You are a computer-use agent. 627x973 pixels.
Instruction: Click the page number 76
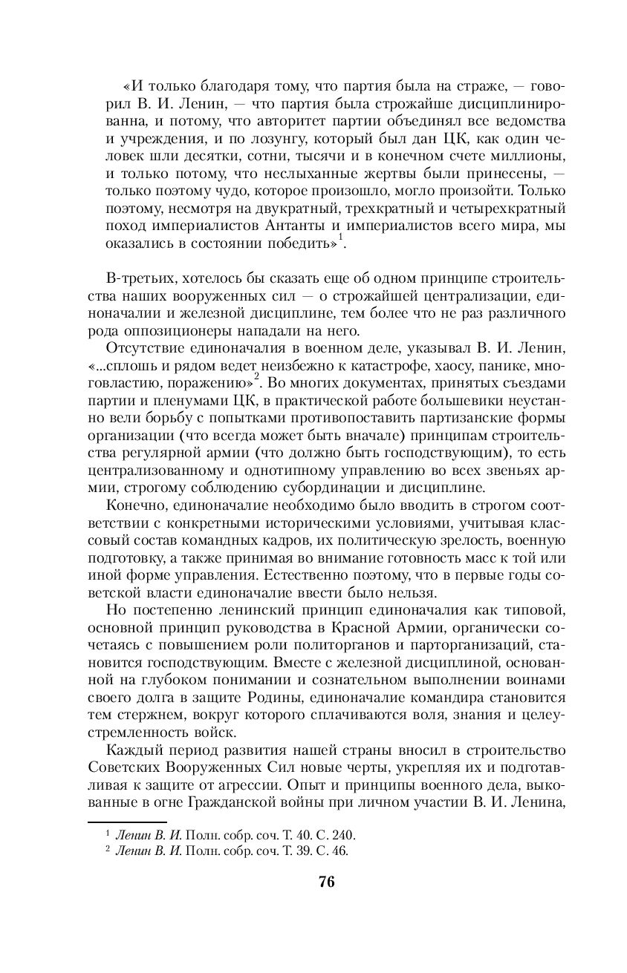tap(326, 882)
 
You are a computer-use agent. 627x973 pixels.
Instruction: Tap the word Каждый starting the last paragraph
tap(134, 748)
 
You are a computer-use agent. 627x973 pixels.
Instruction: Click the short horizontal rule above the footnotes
tap(114, 822)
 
